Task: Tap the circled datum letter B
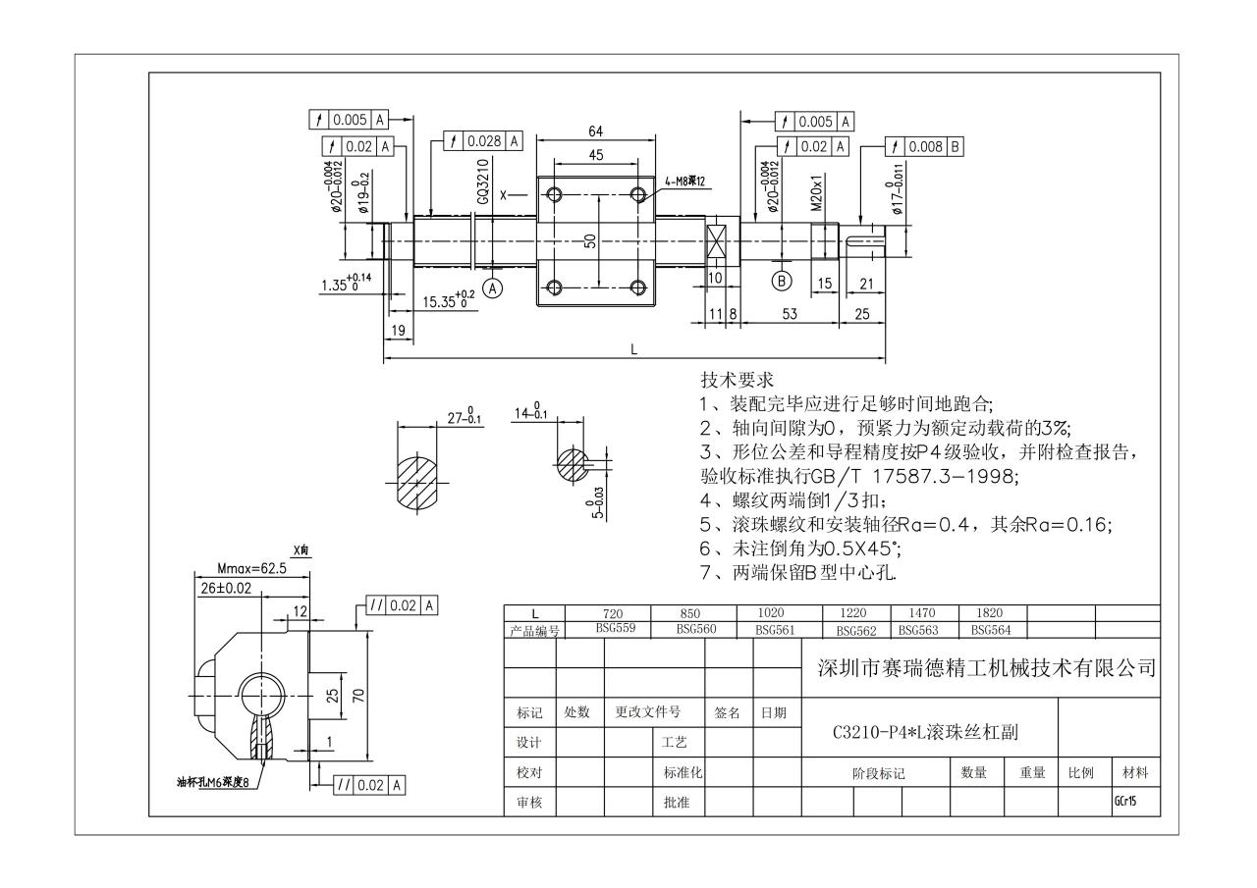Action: pyautogui.click(x=783, y=279)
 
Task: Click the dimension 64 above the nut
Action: pyautogui.click(x=595, y=131)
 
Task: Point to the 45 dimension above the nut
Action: pyautogui.click(x=595, y=154)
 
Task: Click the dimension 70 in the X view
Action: pyautogui.click(x=358, y=698)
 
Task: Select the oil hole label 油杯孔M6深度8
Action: pyautogui.click(x=210, y=782)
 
